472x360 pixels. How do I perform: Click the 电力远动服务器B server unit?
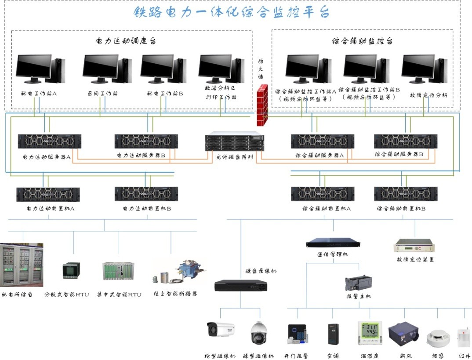[x=146, y=142]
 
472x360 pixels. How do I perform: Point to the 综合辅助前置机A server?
[x=322, y=194]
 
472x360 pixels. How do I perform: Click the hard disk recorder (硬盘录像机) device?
[x=240, y=285]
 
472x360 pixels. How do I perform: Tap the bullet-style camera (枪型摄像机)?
[x=220, y=329]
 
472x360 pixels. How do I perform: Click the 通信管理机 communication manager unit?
[x=333, y=242]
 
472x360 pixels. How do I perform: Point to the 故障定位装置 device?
[x=415, y=245]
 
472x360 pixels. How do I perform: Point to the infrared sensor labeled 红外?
[x=463, y=337]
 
